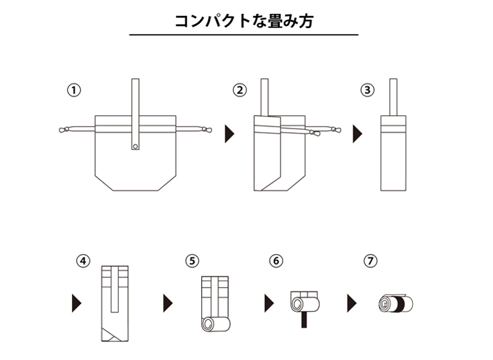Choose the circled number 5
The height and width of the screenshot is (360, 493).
click(x=192, y=261)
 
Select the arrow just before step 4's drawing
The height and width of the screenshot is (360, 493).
click(x=77, y=303)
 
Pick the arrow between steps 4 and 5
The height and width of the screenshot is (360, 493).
click(x=168, y=303)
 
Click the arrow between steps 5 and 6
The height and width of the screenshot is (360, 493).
click(x=269, y=303)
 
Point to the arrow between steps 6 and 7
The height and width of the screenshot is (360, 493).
click(x=352, y=303)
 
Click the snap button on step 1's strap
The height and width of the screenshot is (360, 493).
click(x=135, y=146)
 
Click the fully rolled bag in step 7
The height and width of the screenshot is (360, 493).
click(x=396, y=303)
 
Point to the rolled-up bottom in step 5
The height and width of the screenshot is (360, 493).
click(x=215, y=325)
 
